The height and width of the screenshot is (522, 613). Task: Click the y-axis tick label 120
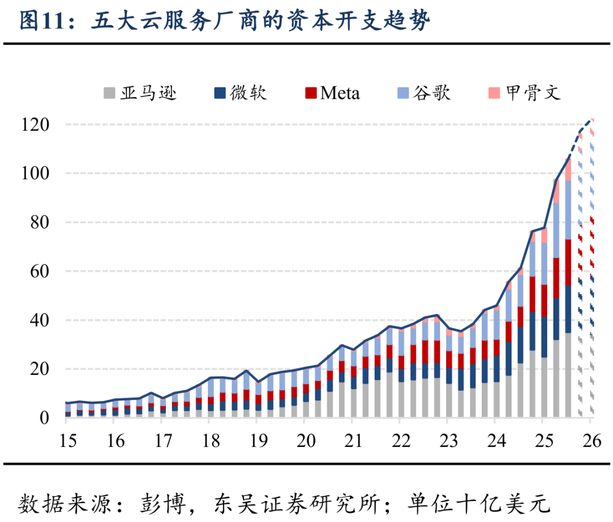[x=36, y=124]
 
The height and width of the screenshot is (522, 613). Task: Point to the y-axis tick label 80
[x=40, y=222]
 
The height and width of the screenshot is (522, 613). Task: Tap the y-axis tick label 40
[x=40, y=320]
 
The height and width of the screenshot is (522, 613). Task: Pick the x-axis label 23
[x=447, y=441]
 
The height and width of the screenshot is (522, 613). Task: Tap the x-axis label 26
[x=590, y=441]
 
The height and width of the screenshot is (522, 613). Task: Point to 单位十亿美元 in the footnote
[x=480, y=503]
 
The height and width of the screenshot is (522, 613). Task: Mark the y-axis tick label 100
[x=36, y=173]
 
